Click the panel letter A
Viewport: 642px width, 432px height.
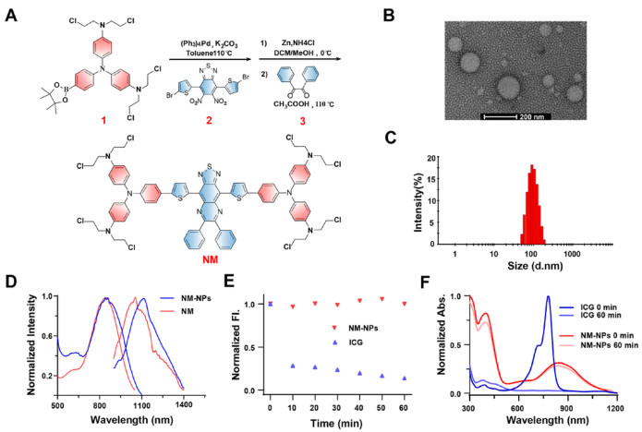tap(10, 14)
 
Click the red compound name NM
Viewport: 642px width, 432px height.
tap(237, 262)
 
